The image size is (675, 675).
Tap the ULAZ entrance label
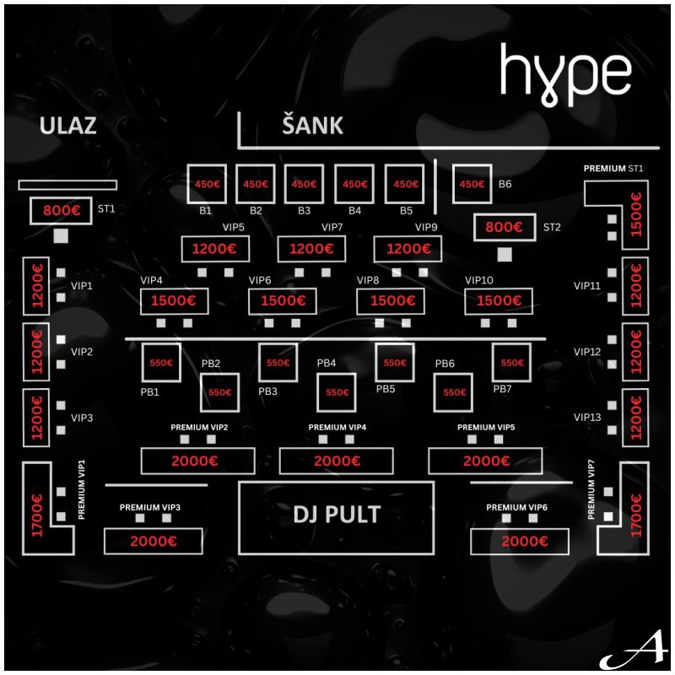coord(68,127)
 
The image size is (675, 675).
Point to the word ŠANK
coord(312,127)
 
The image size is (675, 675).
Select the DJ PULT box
coord(337,516)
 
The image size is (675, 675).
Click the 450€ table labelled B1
coord(207,183)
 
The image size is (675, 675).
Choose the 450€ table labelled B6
coord(472,183)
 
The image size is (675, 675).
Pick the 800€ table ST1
coord(61,211)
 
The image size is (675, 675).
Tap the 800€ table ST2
coord(505,227)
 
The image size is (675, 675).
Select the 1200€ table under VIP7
coord(312,250)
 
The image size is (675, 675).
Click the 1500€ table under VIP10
coord(499,301)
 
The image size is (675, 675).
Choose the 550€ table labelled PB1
coord(161,363)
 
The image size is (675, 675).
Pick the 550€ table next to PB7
coord(512,363)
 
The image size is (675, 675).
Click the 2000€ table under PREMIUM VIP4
coord(336,461)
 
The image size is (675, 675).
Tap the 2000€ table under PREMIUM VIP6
coord(524,542)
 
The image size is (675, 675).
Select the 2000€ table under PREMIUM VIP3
coord(153,542)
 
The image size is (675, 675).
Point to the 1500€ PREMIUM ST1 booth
coord(635,216)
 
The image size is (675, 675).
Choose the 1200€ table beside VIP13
coord(635,418)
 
